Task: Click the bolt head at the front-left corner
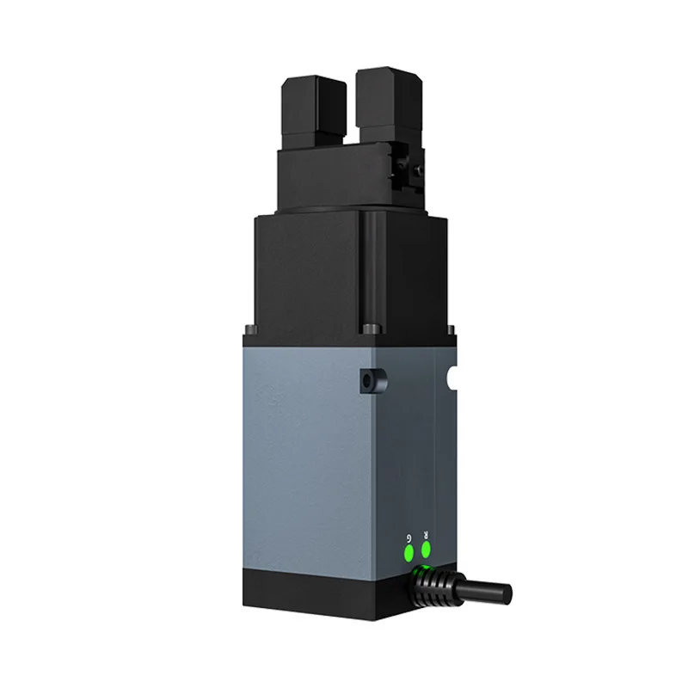250,328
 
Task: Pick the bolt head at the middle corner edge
370,329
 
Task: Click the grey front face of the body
310,447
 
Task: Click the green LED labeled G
409,552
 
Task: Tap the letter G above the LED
408,537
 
